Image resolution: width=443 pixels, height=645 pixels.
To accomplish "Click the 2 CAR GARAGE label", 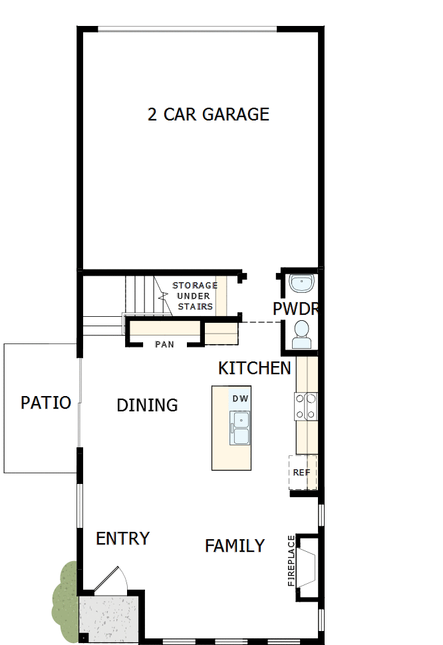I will click(x=208, y=114).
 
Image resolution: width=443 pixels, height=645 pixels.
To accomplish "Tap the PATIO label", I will click(x=46, y=403).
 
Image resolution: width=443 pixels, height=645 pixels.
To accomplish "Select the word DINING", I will click(x=147, y=405).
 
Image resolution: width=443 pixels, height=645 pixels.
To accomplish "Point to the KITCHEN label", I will click(x=255, y=368).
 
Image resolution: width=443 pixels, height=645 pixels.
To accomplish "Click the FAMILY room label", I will click(x=235, y=546).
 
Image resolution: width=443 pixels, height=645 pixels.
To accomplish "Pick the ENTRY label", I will click(x=123, y=538).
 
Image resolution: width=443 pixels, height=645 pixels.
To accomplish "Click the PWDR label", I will click(x=296, y=309).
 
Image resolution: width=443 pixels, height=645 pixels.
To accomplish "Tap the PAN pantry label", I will click(x=165, y=344).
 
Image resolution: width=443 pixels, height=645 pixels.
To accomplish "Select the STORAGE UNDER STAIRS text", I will click(x=195, y=296).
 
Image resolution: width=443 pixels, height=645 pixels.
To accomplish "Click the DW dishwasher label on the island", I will click(x=240, y=399).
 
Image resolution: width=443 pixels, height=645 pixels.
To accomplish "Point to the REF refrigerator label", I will click(x=301, y=472).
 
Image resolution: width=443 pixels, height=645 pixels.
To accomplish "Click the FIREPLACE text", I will click(x=291, y=560).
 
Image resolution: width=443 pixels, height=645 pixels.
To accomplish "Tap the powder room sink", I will click(x=303, y=284).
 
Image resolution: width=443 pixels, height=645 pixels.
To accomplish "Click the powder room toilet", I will click(x=302, y=334).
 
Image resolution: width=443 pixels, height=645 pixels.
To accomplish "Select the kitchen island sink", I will click(x=239, y=428).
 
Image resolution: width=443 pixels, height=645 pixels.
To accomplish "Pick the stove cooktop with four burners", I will click(x=306, y=406).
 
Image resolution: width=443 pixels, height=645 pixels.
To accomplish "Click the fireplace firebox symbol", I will click(x=308, y=563).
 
